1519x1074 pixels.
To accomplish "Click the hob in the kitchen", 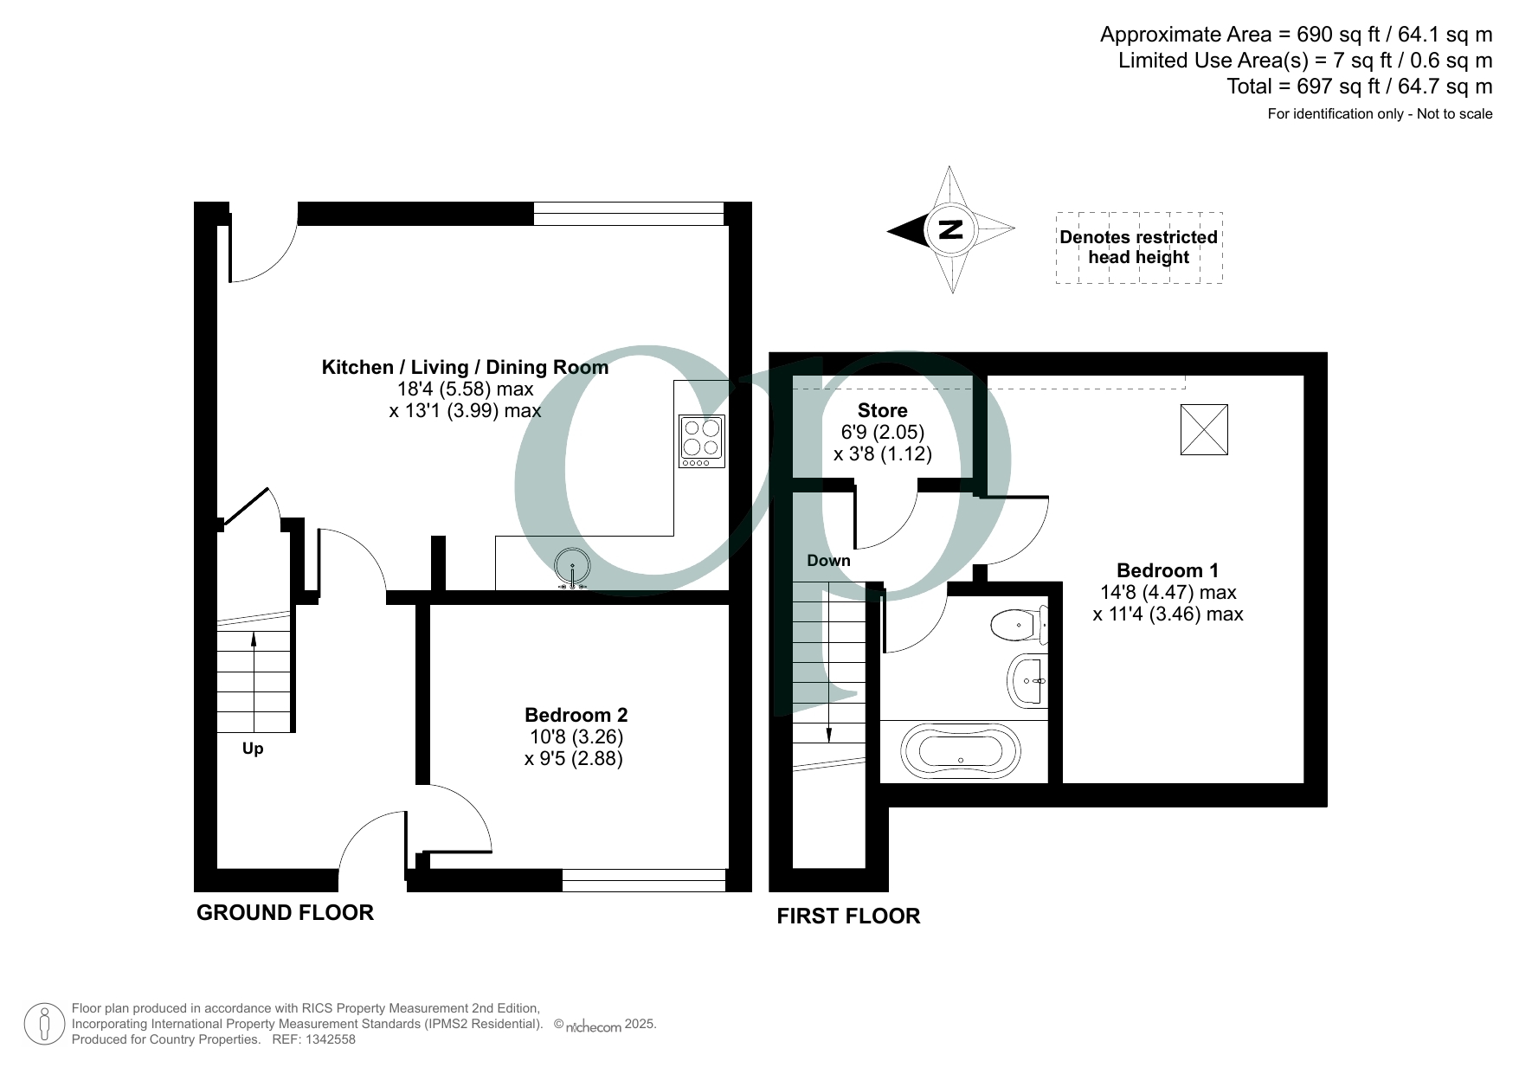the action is pos(702,441).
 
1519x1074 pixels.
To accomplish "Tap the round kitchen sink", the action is pos(572,567).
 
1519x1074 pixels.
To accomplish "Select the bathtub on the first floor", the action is pos(961,750).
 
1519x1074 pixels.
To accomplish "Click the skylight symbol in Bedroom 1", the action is pos(1204,429).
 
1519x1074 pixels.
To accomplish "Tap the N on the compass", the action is pos(951,230).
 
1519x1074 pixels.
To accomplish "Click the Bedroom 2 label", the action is pos(576,715).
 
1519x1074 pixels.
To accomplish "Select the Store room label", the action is pos(883,410).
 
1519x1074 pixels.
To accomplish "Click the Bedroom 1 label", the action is pos(1168,570).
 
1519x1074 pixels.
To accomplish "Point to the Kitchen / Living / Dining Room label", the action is pos(465,367).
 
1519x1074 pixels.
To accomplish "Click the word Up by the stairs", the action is pos(253,749).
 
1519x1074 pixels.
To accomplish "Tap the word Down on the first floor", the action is pos(828,561).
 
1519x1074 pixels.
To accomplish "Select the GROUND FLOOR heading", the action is pos(285,912).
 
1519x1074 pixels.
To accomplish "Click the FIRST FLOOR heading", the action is pos(848,916).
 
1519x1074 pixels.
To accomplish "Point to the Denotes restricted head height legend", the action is pos(1139,248).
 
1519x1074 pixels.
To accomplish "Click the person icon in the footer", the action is pos(43,1025).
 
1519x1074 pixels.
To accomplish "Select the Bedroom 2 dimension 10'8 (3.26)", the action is pos(576,736).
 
